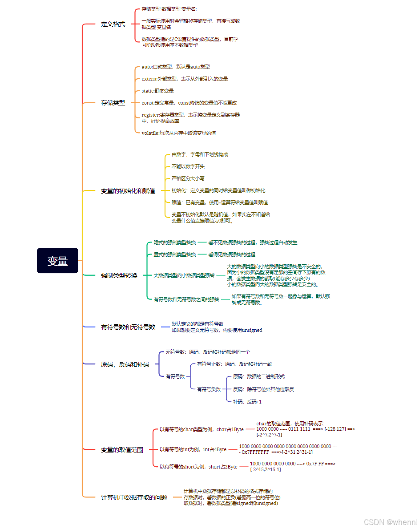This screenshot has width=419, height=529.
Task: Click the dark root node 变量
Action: [57, 261]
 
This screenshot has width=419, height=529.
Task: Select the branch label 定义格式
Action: [113, 24]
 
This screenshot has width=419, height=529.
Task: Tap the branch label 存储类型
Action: [113, 103]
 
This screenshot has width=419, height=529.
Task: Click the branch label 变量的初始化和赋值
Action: [128, 191]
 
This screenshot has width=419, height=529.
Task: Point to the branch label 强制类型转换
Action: [119, 275]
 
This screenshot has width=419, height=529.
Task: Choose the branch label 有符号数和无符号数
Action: [128, 327]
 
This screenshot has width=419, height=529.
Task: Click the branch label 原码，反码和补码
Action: [125, 364]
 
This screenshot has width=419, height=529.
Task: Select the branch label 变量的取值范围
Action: [122, 450]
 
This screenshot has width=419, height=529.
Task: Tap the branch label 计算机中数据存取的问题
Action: [134, 497]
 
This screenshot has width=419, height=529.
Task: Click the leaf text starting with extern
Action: [185, 79]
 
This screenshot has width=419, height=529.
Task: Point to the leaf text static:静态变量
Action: [157, 91]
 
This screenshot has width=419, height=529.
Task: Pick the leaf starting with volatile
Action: [179, 133]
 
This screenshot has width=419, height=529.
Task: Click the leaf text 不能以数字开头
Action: [188, 166]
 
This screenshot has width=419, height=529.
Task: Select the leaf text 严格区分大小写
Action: [188, 178]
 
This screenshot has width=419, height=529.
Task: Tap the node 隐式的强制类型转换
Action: [175, 242]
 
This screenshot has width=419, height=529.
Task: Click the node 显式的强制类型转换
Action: [175, 254]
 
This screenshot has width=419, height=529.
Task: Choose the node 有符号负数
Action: [209, 389]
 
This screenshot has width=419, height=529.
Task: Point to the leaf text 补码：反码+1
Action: [247, 402]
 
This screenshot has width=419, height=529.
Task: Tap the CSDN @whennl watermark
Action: [391, 521]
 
